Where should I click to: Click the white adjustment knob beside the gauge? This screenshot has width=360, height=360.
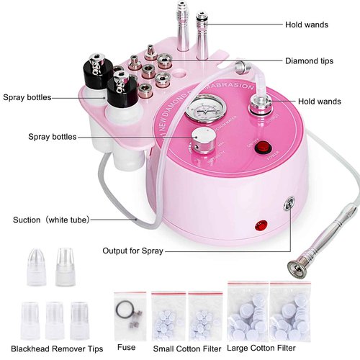tap(199, 140)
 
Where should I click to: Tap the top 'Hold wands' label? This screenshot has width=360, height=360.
tap(306, 25)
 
